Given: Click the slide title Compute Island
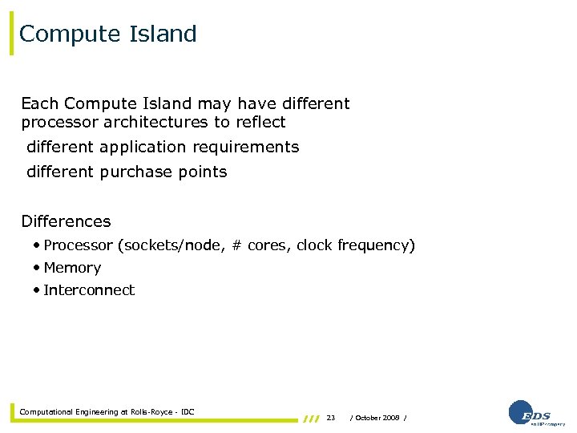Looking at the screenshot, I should [108, 34].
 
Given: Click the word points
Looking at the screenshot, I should [203, 172].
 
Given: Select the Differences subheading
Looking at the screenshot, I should [66, 221].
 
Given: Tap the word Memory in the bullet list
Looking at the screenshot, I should [72, 268].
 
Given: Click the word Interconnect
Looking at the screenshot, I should [89, 290].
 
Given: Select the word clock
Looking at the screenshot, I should [314, 245].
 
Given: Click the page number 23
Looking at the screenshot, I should [331, 418].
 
